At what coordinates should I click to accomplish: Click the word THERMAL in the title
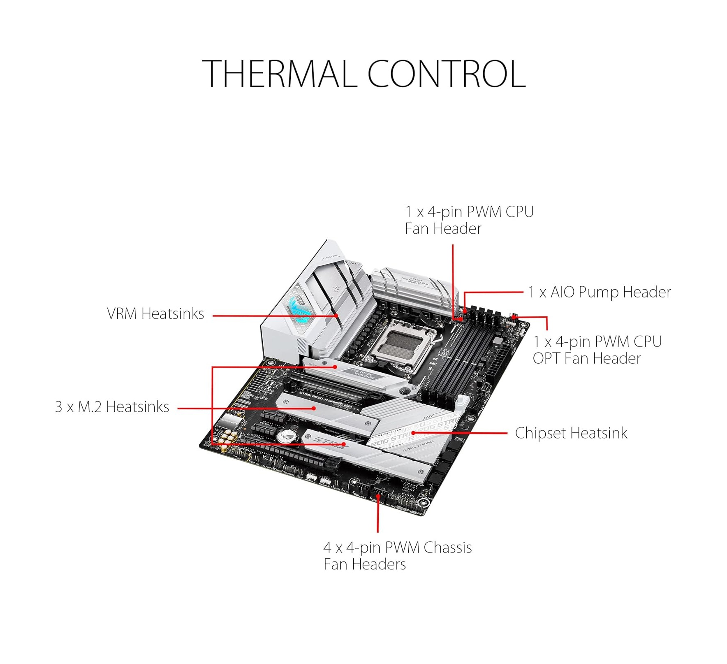[279, 74]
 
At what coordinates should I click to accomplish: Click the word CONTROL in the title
[446, 74]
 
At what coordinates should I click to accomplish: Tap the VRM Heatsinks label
[155, 314]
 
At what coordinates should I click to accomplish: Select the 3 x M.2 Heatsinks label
[112, 407]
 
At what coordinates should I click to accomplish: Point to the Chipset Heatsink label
[571, 433]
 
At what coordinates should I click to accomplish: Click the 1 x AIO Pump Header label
[599, 292]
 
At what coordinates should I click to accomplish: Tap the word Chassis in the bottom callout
[448, 548]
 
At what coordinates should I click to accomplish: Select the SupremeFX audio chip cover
[230, 421]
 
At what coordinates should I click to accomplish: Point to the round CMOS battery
[284, 436]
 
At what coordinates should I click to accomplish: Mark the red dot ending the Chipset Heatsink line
[413, 433]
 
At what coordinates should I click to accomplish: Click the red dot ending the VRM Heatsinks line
[336, 316]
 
